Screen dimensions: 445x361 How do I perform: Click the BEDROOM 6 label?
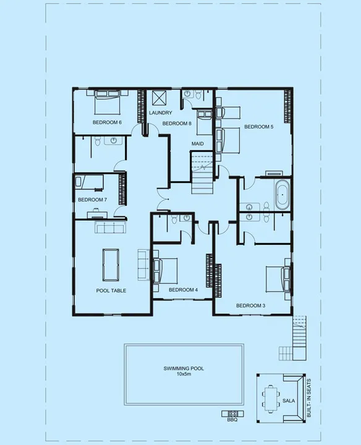107,122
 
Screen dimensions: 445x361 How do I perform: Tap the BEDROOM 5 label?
258,127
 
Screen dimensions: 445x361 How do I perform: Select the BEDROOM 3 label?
250,305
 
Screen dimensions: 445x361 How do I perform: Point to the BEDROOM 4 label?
183,289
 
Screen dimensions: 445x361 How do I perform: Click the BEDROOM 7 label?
92,199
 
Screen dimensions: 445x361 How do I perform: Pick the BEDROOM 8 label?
177,124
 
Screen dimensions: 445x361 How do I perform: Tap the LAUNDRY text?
160,112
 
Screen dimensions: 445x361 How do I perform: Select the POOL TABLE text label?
111,290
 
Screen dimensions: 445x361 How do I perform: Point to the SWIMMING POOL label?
184,368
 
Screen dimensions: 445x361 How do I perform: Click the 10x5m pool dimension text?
184,375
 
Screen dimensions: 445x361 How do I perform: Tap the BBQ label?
232,420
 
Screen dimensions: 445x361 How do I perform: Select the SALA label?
289,400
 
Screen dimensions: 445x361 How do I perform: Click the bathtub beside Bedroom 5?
282,195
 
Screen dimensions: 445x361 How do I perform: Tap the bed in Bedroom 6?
108,102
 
